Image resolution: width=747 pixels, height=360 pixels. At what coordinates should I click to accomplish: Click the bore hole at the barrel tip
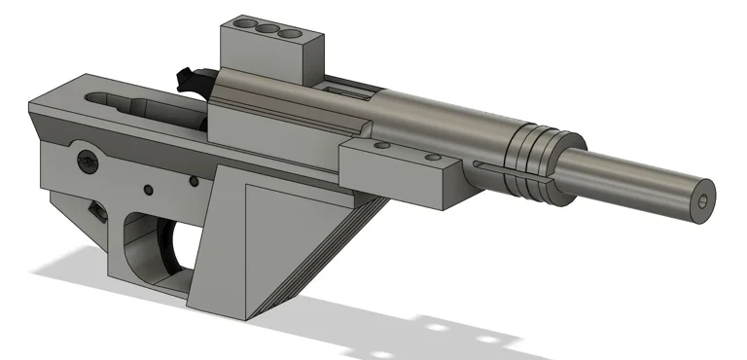[702, 199]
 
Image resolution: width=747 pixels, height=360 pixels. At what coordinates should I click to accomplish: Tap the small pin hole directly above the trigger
[148, 189]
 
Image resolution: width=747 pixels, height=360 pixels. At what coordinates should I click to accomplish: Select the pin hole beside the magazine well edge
[196, 181]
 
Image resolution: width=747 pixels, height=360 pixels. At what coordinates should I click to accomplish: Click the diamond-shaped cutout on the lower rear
[96, 210]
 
